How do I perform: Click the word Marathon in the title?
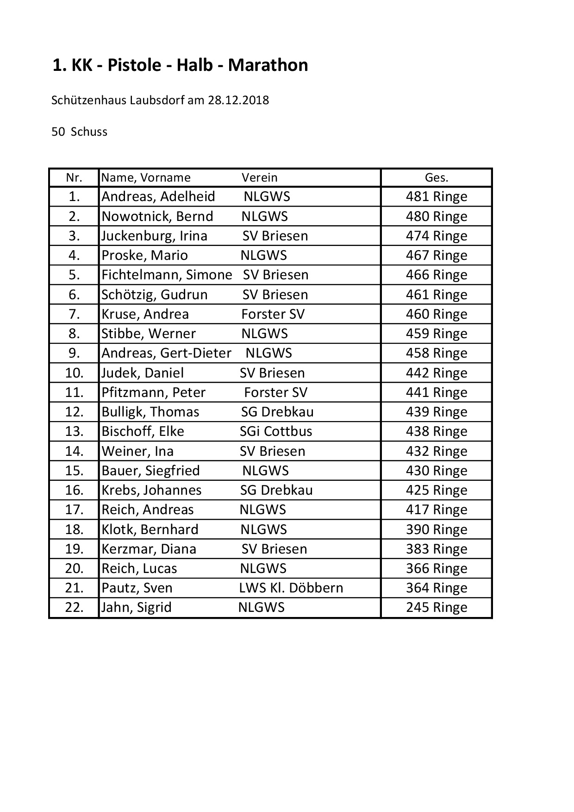coord(268,65)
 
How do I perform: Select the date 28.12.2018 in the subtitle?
coord(238,100)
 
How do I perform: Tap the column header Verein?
coord(259,178)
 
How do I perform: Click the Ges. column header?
coord(436,178)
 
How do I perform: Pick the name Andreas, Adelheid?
coord(158,197)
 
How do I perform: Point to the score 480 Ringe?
coord(436,216)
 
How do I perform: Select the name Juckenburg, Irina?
coord(154,236)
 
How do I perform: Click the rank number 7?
coord(74,314)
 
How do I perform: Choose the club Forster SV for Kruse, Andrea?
coord(273,314)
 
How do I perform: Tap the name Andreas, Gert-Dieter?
coord(166,353)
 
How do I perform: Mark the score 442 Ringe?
coord(436,373)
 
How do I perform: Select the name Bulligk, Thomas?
coord(150,412)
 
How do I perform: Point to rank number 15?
coord(74,471)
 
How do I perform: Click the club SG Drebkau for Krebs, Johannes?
coord(276,490)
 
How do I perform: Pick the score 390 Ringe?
coord(436,529)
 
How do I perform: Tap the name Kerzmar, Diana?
coord(149,549)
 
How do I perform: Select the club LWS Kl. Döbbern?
coord(291,588)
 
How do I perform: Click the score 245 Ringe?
coord(436,607)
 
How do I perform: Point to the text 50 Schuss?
coord(79,132)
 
